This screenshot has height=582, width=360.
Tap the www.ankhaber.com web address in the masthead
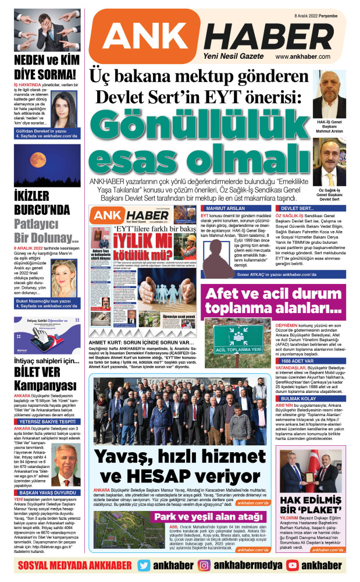point(306,57)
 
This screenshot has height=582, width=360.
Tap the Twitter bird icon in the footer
point(145,565)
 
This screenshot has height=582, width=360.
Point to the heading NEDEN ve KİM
point(45,61)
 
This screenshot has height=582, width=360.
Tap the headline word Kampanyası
point(45,386)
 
